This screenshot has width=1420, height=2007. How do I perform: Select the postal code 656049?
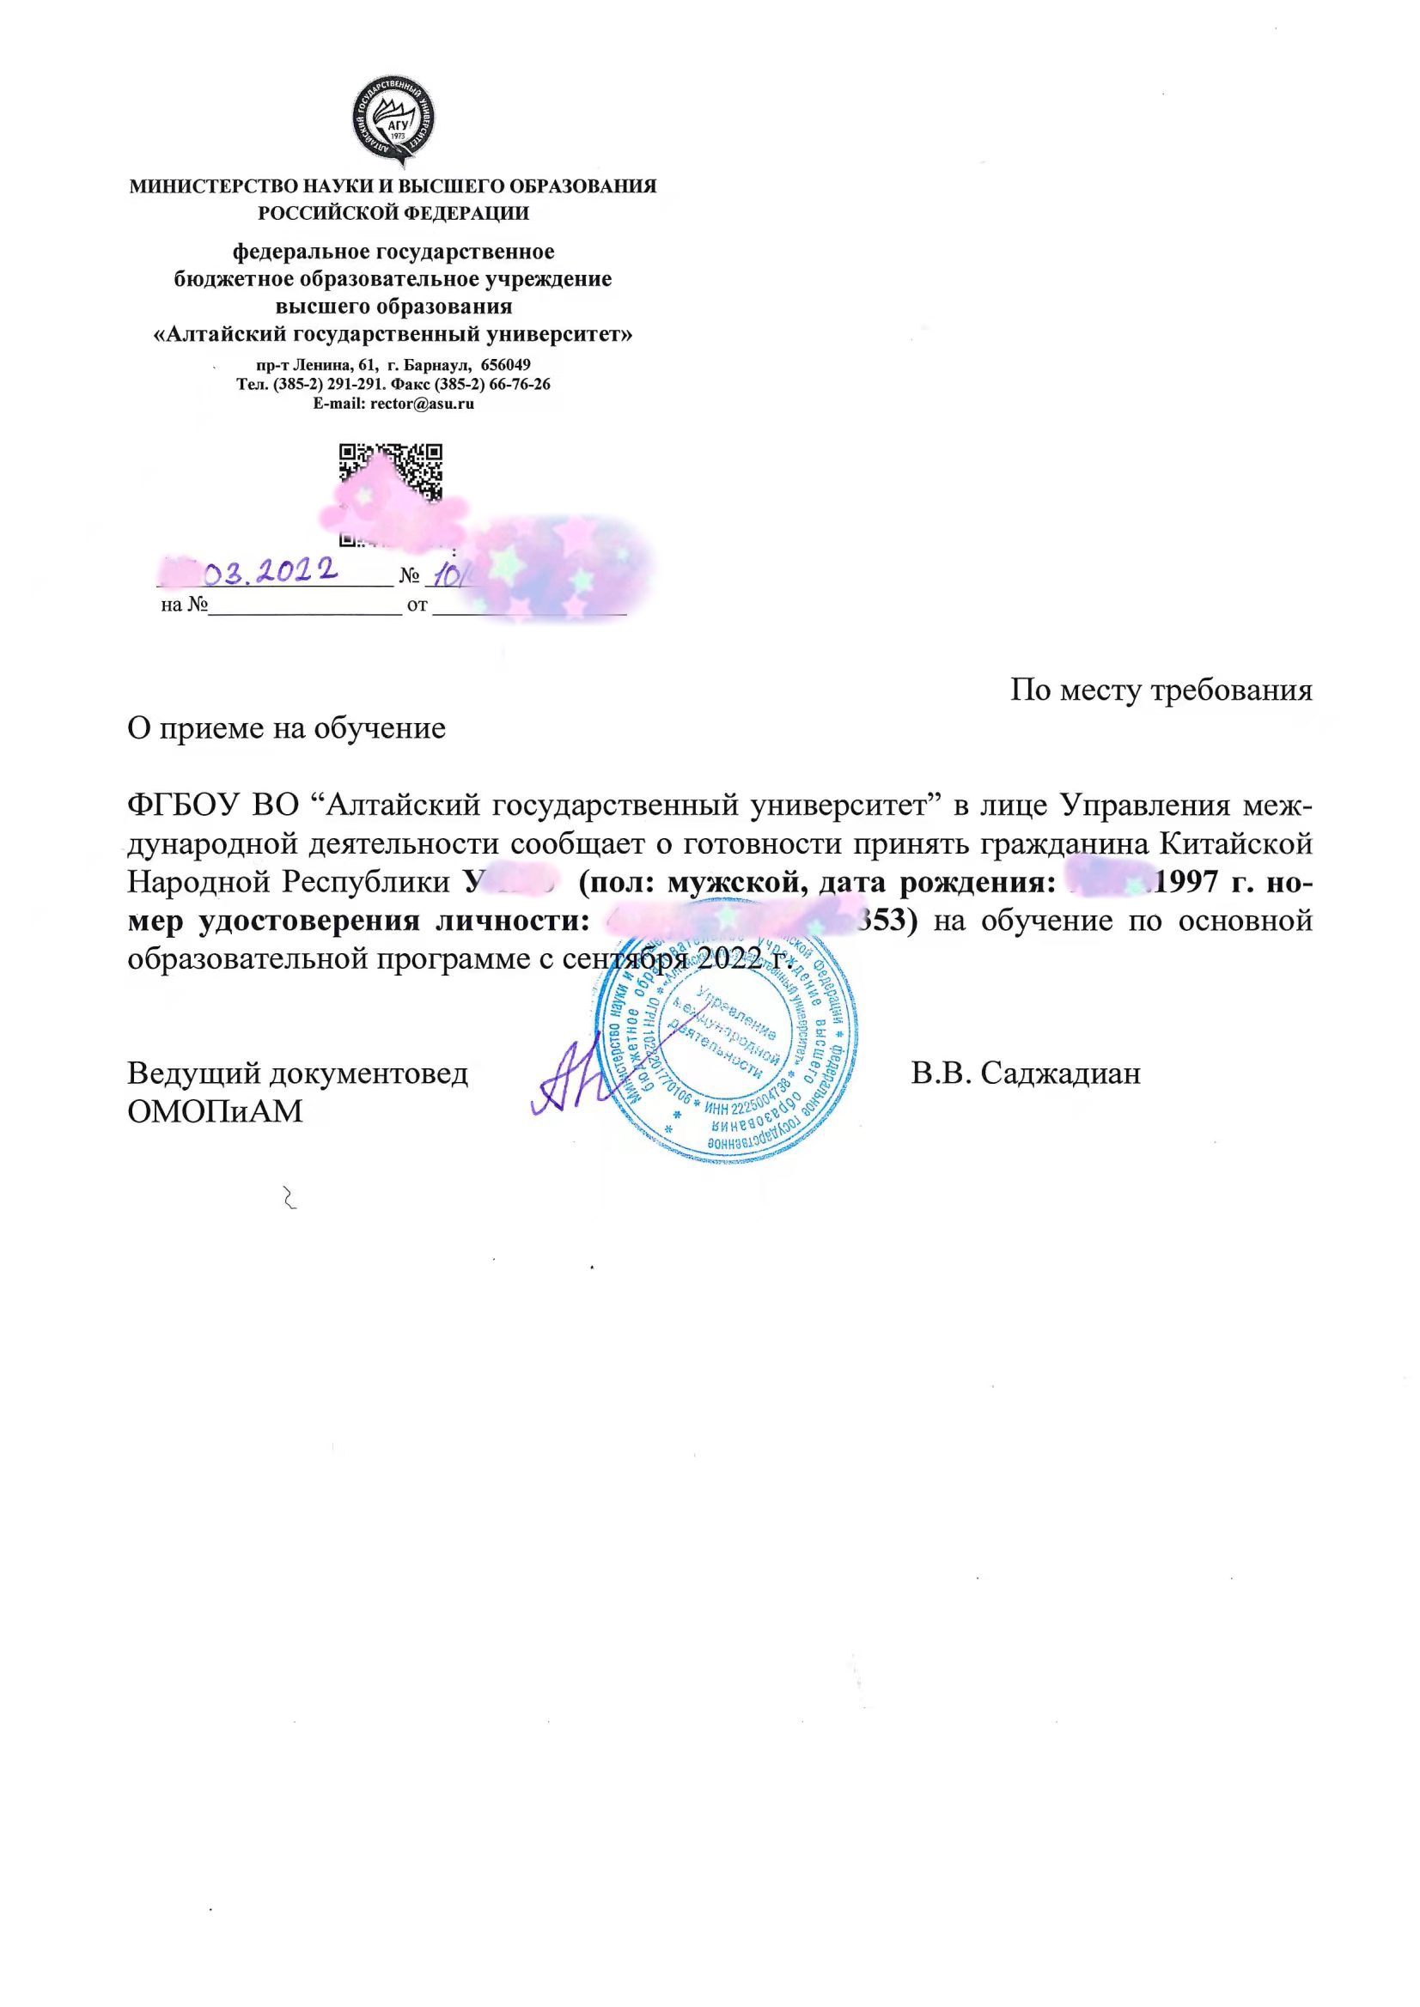(505, 363)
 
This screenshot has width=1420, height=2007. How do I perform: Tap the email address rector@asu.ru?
(422, 404)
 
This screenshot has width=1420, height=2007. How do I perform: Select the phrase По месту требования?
(1161, 690)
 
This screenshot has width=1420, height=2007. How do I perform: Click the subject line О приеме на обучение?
(287, 727)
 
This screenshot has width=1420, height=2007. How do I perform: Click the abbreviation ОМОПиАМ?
(215, 1111)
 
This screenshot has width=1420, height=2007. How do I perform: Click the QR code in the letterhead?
(391, 477)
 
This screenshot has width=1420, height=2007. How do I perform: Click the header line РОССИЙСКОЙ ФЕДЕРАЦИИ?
(393, 211)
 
